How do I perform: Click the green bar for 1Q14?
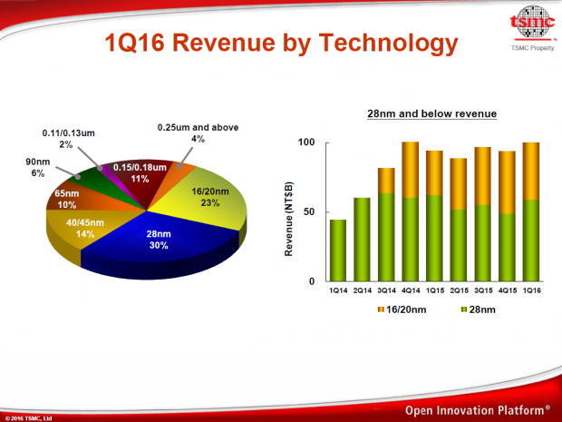[x=338, y=250]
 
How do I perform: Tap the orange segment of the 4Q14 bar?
[x=410, y=170]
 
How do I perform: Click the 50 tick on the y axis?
[x=309, y=211]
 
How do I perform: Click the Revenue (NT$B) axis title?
[x=290, y=211]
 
